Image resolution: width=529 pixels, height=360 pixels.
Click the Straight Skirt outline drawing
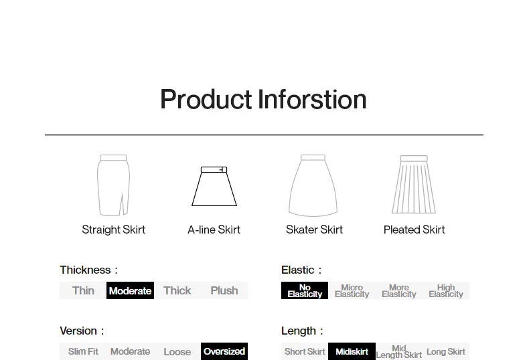click(x=113, y=185)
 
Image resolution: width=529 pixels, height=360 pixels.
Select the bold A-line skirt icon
click(x=214, y=186)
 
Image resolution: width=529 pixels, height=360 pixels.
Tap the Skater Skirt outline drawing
click(x=313, y=185)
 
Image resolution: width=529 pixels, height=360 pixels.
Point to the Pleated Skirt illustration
click(x=414, y=185)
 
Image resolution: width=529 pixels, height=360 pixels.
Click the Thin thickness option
click(x=83, y=290)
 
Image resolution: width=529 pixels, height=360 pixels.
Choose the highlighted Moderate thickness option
click(x=130, y=290)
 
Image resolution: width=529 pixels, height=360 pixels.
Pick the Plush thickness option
click(x=224, y=290)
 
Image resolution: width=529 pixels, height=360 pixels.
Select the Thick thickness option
click(x=177, y=290)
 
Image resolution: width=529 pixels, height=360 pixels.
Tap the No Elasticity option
click(x=305, y=290)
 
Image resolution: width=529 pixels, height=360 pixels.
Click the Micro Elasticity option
click(x=352, y=290)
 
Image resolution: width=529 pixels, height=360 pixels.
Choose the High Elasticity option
click(x=446, y=290)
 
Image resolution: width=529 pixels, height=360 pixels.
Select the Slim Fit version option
click(x=83, y=351)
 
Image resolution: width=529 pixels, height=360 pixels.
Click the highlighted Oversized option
click(x=224, y=351)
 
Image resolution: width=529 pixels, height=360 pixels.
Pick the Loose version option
click(x=177, y=351)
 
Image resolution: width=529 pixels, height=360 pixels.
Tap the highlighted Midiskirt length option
click(x=352, y=351)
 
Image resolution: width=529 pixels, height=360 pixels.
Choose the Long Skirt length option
click(x=446, y=351)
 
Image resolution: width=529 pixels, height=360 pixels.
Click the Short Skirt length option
click(x=305, y=351)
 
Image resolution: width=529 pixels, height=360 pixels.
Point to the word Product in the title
click(x=206, y=99)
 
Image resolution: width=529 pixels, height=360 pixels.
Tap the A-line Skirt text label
click(x=214, y=230)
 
